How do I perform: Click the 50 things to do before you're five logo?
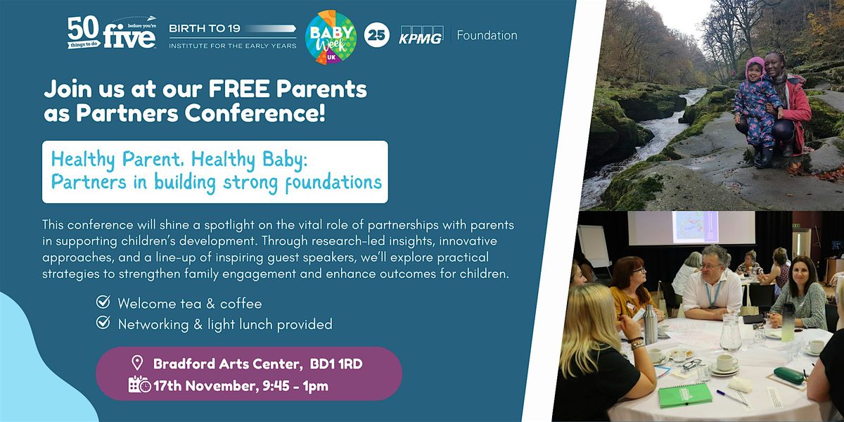112,34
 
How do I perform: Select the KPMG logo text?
421,35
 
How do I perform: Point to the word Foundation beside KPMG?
487,35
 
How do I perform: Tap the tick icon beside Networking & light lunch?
103,324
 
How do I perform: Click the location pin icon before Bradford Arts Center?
137,364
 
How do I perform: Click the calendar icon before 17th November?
139,385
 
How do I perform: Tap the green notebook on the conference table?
684,395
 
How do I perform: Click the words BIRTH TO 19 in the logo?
204,28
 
